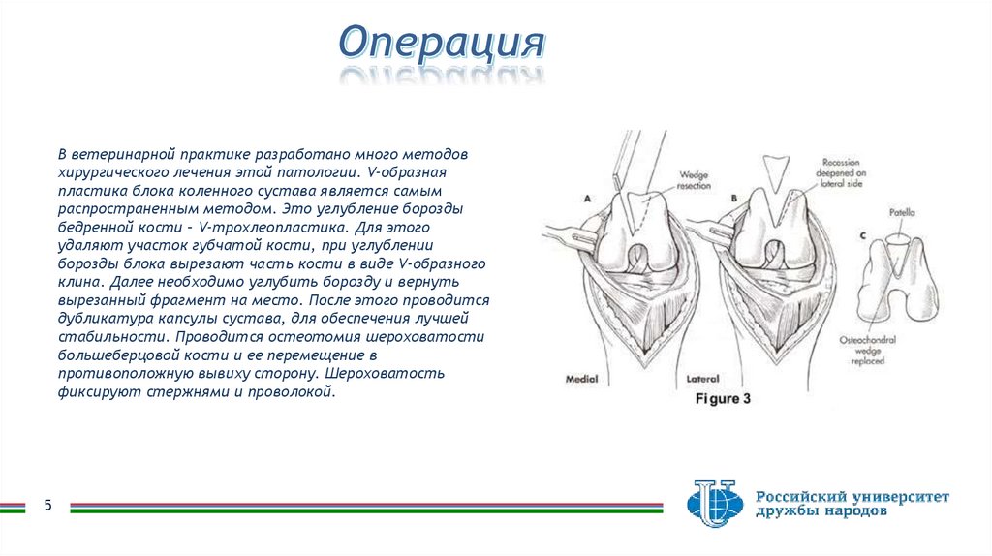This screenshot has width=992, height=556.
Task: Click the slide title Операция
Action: [441, 44]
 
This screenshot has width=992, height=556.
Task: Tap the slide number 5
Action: [46, 506]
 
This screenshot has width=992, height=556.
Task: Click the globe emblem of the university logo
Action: [715, 503]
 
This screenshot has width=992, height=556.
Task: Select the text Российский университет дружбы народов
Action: [852, 504]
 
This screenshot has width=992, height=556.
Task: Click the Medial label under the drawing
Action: [581, 380]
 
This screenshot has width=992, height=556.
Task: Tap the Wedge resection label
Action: [695, 179]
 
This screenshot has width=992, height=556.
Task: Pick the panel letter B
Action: [733, 198]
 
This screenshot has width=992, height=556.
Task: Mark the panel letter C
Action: [861, 235]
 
